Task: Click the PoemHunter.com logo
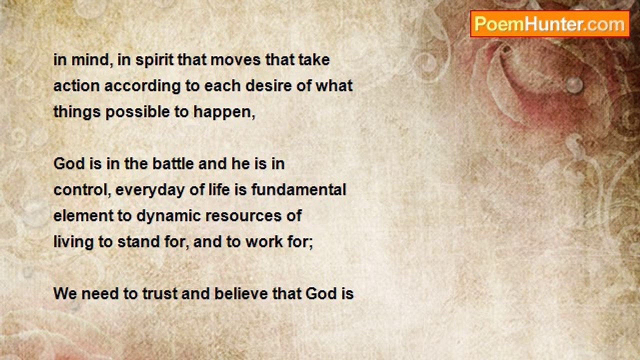coord(549,24)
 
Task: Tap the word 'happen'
coord(223,112)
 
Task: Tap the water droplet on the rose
coord(574,85)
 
